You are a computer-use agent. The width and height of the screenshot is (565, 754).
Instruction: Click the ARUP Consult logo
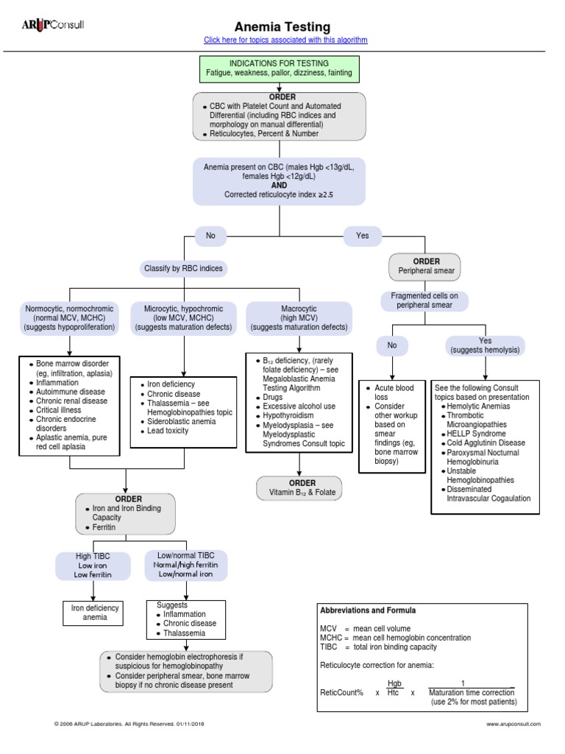53,25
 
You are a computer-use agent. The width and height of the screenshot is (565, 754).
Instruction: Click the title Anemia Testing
282,27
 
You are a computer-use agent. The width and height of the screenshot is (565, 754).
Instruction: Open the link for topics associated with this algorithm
285,40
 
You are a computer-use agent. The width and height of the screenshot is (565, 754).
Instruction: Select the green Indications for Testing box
279,68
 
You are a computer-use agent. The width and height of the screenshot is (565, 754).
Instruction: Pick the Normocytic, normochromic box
69,317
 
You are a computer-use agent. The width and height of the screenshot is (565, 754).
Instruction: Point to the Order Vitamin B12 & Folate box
298,488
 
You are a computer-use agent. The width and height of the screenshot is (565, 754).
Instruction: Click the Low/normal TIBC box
186,565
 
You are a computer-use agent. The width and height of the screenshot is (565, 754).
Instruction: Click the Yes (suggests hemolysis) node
485,345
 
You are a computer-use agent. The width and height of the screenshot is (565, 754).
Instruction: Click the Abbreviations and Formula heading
368,610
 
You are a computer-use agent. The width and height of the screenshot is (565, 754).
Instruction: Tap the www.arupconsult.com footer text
514,725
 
